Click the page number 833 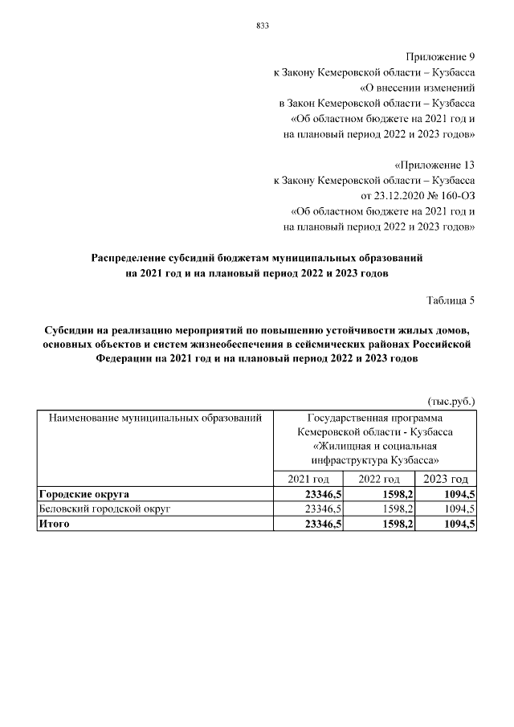(x=262, y=26)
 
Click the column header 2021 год (x=309, y=479)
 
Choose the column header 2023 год (x=446, y=479)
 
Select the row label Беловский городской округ (x=105, y=509)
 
